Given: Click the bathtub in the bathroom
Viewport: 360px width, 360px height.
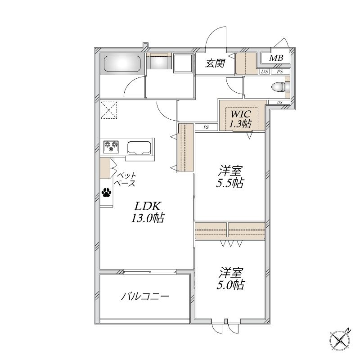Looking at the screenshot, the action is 122,64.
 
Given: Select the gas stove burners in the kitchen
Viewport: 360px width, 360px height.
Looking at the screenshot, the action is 111,147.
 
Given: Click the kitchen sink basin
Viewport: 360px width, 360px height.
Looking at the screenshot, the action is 139,148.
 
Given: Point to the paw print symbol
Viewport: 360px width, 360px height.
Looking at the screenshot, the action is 106,193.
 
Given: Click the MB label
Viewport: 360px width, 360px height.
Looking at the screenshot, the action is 276,58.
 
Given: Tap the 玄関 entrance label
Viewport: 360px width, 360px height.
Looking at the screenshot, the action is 215,63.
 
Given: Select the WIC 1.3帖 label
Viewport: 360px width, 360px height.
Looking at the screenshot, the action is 241,119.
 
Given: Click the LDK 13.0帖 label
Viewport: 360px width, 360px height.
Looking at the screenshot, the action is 148,212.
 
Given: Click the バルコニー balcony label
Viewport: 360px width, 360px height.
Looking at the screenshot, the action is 145,297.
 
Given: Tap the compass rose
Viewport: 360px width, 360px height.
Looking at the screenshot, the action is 340,340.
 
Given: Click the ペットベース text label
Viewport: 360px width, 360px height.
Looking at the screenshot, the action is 126,180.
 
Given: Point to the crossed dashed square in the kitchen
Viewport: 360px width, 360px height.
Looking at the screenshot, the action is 109,110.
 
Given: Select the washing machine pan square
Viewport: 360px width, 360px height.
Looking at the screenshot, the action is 183,63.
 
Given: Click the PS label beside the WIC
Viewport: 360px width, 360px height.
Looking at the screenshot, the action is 206,127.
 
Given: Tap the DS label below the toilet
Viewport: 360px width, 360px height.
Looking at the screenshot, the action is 279,103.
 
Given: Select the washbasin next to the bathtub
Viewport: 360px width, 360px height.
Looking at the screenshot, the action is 159,61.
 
